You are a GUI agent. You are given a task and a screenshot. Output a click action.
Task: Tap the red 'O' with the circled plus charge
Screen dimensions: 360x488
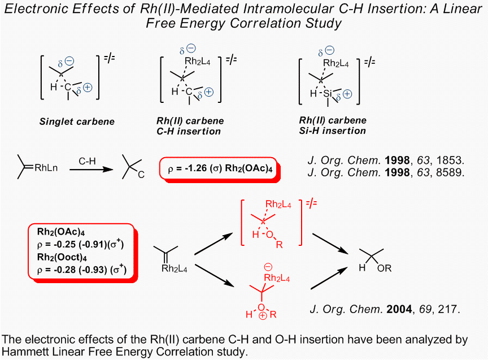(261, 306)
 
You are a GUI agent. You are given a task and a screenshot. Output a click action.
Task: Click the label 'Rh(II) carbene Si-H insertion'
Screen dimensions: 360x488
(333, 125)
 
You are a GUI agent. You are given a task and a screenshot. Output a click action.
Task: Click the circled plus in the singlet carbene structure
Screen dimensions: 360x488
(88, 88)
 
